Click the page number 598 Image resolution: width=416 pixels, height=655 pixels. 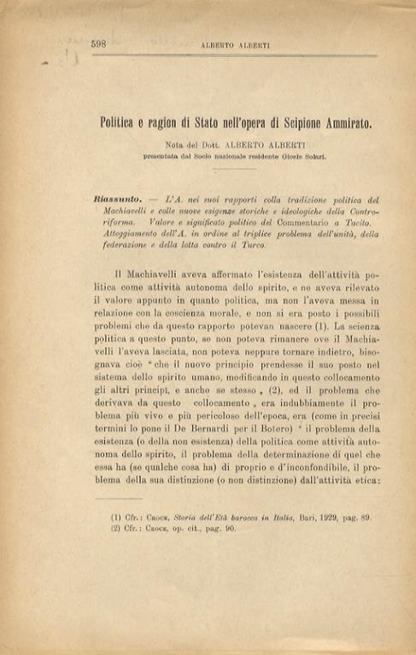coord(98,43)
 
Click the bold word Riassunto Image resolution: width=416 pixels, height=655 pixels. coord(118,199)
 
